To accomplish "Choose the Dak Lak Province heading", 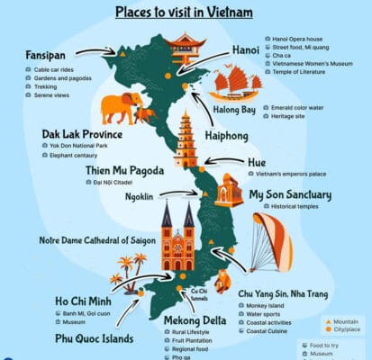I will click(x=83, y=134).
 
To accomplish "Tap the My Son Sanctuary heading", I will click(x=290, y=194).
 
